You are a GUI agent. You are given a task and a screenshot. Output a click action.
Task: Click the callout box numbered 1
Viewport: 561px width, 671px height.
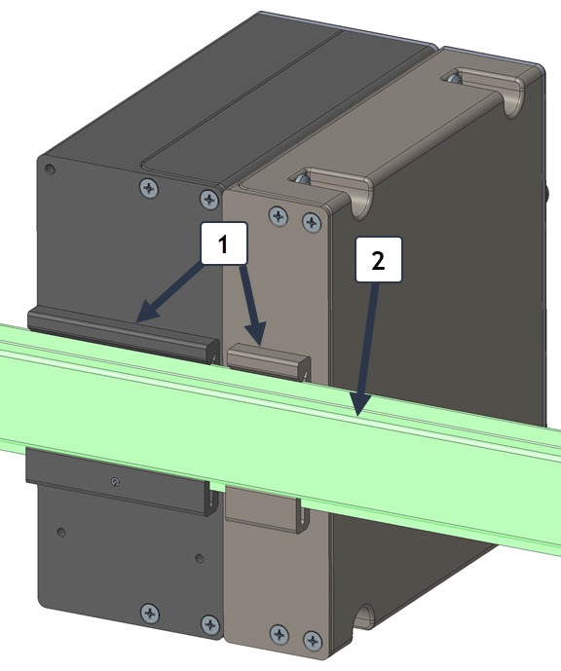[x=223, y=242]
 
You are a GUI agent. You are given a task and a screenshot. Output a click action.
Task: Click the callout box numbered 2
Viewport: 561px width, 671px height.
[x=379, y=259]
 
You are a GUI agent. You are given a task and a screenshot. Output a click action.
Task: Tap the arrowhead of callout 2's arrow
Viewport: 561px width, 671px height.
[x=359, y=406]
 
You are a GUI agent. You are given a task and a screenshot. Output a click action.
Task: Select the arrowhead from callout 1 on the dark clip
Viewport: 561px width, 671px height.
[x=147, y=311]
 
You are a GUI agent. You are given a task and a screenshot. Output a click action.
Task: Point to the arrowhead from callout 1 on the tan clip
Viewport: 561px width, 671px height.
[x=257, y=334]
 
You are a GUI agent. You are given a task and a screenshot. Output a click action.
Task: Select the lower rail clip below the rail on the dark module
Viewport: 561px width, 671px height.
[x=121, y=481]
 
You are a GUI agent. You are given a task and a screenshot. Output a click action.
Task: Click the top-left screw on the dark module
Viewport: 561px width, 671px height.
[x=149, y=188]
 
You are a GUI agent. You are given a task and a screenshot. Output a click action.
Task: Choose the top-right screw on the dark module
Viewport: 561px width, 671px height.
[x=209, y=199]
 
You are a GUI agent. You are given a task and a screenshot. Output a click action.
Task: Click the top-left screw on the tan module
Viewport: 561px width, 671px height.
[x=279, y=215]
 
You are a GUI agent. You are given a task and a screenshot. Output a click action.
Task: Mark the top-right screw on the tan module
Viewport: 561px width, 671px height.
[x=312, y=222]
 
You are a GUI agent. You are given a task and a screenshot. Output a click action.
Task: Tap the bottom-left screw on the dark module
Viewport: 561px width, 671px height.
[x=150, y=614]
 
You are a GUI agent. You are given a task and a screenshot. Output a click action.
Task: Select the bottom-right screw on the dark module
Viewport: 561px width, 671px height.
[x=210, y=624]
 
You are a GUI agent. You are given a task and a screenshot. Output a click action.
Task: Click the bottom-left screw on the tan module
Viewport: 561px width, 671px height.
[x=279, y=634]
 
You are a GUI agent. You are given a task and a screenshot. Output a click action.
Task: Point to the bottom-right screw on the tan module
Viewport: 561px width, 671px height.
[x=313, y=641]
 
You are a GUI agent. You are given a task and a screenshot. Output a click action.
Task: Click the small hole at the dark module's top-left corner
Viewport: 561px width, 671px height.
[x=50, y=169]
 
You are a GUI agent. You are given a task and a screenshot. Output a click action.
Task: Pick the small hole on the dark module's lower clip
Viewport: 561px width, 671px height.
[x=114, y=482]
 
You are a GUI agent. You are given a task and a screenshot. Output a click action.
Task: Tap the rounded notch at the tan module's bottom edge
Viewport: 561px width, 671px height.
[x=364, y=617]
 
